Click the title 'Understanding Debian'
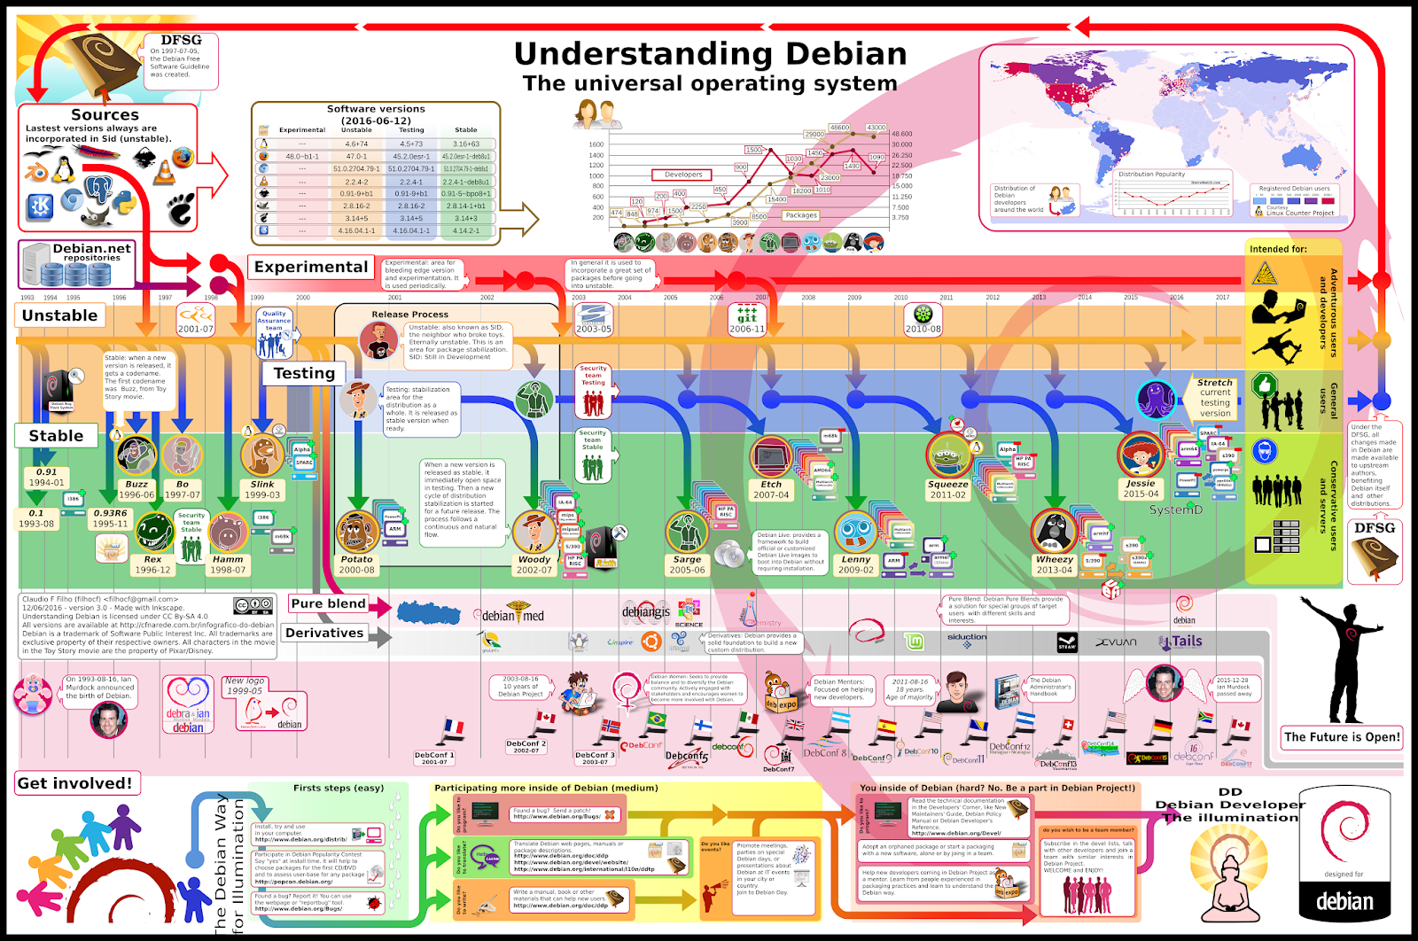pyautogui.click(x=710, y=54)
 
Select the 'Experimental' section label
pyautogui.click(x=310, y=268)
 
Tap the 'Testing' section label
pyautogui.click(x=304, y=374)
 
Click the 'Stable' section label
pyautogui.click(x=56, y=436)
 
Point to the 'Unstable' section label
pyautogui.click(x=59, y=315)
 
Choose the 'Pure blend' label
pyautogui.click(x=328, y=604)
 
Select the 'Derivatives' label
pyautogui.click(x=324, y=634)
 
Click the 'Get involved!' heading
pyautogui.click(x=75, y=783)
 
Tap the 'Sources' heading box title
pyautogui.click(x=105, y=115)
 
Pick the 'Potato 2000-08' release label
pyautogui.click(x=356, y=564)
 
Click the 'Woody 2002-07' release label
pyautogui.click(x=534, y=564)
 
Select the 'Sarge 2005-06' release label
pyautogui.click(x=687, y=564)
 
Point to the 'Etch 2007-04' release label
pyautogui.click(x=771, y=490)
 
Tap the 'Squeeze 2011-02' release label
pyautogui.click(x=947, y=490)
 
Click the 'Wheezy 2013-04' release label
pyautogui.click(x=1054, y=564)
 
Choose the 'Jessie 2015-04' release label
pyautogui.click(x=1141, y=488)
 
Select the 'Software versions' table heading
pyautogui.click(x=376, y=109)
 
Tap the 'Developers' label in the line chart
pyautogui.click(x=683, y=175)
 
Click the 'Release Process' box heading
pyautogui.click(x=409, y=315)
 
